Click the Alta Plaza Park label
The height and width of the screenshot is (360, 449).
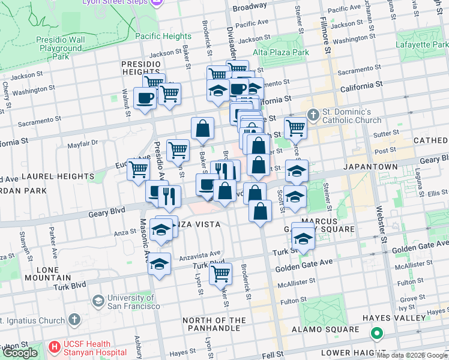pyautogui.click(x=280, y=52)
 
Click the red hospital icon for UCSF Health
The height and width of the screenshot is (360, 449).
pyautogui.click(x=55, y=347)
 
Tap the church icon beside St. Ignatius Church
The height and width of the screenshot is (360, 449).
pyautogui.click(x=74, y=319)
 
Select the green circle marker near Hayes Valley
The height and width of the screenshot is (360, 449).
pyautogui.click(x=376, y=333)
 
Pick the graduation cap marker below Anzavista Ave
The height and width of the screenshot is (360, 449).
pyautogui.click(x=159, y=263)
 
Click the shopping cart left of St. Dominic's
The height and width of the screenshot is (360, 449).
pyautogui.click(x=295, y=127)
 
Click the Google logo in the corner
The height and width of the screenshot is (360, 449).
pyautogui.click(x=20, y=353)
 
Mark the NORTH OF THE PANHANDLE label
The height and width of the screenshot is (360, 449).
pyautogui.click(x=214, y=324)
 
